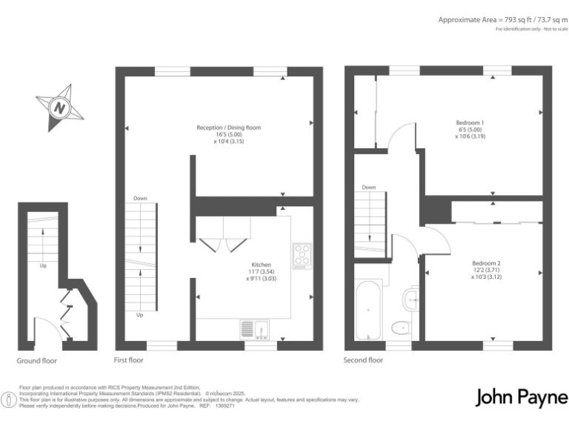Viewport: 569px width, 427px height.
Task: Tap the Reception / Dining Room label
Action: [228, 128]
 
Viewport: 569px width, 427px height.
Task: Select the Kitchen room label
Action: [261, 265]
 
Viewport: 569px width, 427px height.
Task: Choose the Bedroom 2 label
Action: [487, 263]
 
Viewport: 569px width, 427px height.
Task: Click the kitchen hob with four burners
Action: [302, 256]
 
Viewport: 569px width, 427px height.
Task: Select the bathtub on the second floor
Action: [368, 310]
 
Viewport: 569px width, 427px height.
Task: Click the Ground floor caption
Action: [36, 361]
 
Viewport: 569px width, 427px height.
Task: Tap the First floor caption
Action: [128, 360]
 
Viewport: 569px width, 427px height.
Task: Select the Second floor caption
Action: [363, 360]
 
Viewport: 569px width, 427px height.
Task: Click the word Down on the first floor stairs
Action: [140, 199]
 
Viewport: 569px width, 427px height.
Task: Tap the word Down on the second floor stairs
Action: [369, 188]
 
